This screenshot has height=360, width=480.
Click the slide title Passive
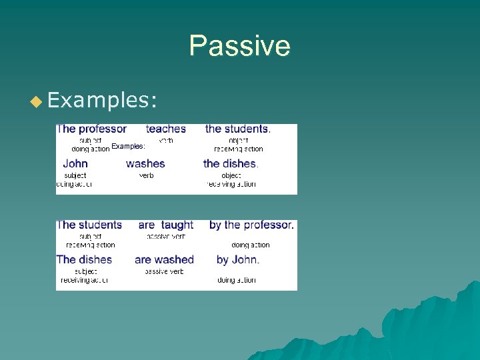click(x=239, y=47)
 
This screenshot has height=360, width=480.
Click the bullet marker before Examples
click(x=36, y=101)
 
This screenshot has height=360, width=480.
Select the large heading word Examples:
click(x=103, y=100)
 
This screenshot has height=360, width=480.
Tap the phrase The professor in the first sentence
click(x=92, y=129)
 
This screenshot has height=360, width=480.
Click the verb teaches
click(x=166, y=129)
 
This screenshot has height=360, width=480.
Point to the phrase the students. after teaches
click(x=237, y=129)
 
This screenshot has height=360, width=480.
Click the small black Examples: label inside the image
click(x=128, y=146)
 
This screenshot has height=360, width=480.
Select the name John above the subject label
click(x=75, y=163)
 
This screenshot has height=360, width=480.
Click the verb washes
click(x=145, y=163)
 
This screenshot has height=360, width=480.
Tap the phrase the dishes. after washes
click(x=231, y=163)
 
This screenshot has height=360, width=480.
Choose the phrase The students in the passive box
click(x=89, y=225)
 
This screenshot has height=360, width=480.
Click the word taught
click(x=177, y=225)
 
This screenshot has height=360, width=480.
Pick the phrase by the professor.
click(x=251, y=225)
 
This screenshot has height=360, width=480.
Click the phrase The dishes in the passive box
click(x=84, y=259)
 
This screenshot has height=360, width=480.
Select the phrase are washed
click(x=164, y=259)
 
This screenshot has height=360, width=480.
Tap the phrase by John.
click(x=238, y=259)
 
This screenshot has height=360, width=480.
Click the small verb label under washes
click(x=146, y=175)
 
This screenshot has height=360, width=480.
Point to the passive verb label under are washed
click(x=164, y=271)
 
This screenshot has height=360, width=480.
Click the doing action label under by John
click(x=237, y=281)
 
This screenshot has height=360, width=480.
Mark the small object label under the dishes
click(x=231, y=175)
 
